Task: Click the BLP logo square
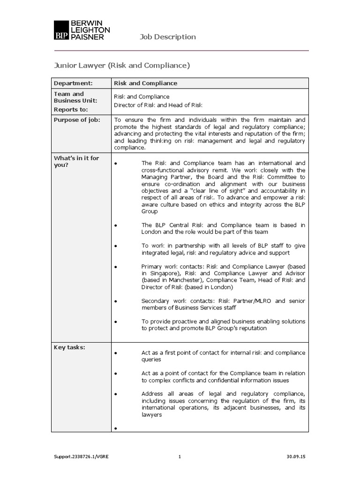pos(60,30)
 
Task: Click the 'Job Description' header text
pos(168,37)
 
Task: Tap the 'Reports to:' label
pos(71,109)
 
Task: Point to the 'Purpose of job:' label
pos(77,120)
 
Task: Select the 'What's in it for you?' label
pos(76,161)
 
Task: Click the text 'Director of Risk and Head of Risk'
pos(158,105)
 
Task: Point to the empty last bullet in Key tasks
pos(115,428)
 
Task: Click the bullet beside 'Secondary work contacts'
pos(115,301)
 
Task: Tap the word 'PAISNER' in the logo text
pos(87,37)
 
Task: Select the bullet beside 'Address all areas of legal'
pos(115,394)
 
